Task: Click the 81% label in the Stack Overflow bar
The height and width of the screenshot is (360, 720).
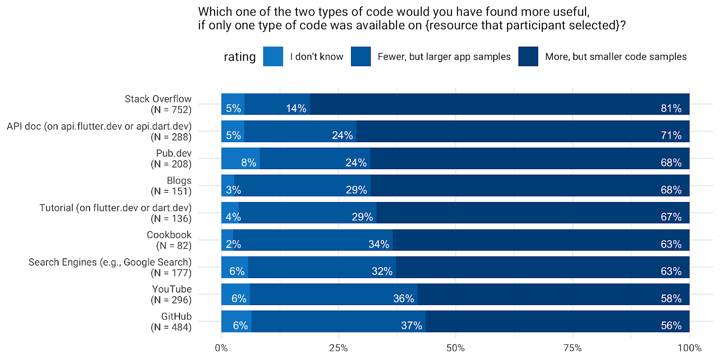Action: tap(670, 108)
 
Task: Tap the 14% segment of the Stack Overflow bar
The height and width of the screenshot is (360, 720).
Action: tap(277, 104)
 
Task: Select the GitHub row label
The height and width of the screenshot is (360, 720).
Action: tap(176, 316)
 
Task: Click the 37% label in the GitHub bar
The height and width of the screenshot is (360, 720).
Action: tap(411, 325)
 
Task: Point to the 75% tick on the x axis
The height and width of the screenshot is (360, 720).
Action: tap(572, 348)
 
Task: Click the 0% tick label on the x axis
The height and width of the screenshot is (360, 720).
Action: tap(221, 348)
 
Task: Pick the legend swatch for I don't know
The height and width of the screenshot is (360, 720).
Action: tap(273, 57)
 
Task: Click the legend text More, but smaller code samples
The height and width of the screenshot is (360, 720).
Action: tap(616, 57)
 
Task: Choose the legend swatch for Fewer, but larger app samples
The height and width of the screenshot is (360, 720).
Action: tap(360, 57)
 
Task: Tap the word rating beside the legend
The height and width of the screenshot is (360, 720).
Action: tap(239, 57)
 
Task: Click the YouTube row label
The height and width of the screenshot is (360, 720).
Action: tap(171, 289)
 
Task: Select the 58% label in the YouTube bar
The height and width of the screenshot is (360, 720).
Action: tap(670, 298)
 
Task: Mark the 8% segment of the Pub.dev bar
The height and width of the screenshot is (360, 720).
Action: tap(240, 158)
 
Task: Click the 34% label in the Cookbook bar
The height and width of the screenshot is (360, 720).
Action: tap(378, 244)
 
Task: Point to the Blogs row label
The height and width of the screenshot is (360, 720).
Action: tap(179, 180)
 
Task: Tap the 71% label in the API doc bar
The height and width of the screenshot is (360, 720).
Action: tap(670, 135)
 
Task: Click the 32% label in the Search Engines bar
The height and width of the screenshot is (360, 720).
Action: tap(382, 271)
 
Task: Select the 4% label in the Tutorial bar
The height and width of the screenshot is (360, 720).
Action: tap(233, 217)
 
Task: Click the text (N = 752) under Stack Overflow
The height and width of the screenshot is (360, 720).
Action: tap(171, 110)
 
